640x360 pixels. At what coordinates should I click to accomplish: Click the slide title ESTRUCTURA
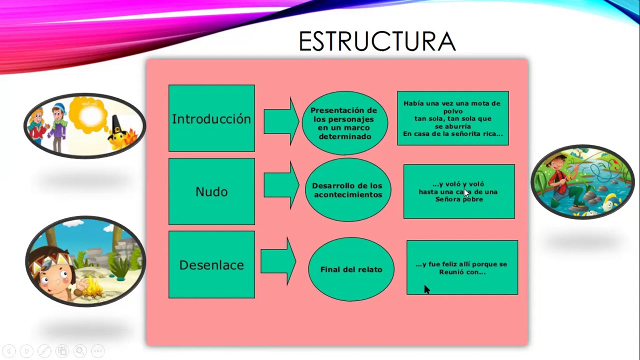[x=377, y=41]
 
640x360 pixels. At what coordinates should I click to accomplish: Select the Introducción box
[x=211, y=118]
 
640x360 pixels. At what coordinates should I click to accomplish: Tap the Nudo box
[x=211, y=191]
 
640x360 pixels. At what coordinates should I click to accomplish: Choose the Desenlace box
[x=211, y=264]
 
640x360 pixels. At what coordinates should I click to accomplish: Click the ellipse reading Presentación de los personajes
[x=344, y=123]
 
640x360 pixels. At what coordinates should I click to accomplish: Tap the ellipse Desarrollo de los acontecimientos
[x=347, y=190]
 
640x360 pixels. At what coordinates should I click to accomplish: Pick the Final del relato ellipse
[x=351, y=269]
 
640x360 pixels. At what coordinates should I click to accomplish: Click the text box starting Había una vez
[x=452, y=118]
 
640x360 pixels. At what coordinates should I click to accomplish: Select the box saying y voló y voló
[x=458, y=191]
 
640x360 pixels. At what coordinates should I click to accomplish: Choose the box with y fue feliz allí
[x=462, y=267]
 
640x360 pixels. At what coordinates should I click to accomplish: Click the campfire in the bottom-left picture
[x=92, y=288]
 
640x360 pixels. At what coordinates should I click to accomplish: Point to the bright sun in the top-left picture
[x=90, y=115]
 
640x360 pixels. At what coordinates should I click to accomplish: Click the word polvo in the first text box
[x=452, y=111]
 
